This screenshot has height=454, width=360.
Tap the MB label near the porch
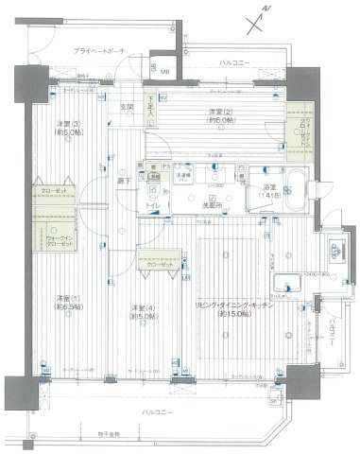click(x=164, y=72)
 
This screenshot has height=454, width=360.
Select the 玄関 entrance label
click(x=127, y=106)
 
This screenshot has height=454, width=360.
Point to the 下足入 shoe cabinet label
click(x=152, y=105)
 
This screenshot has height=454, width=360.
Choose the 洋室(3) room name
click(x=70, y=126)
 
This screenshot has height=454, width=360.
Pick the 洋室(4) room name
click(x=143, y=308)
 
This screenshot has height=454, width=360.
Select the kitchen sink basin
click(x=284, y=288)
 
